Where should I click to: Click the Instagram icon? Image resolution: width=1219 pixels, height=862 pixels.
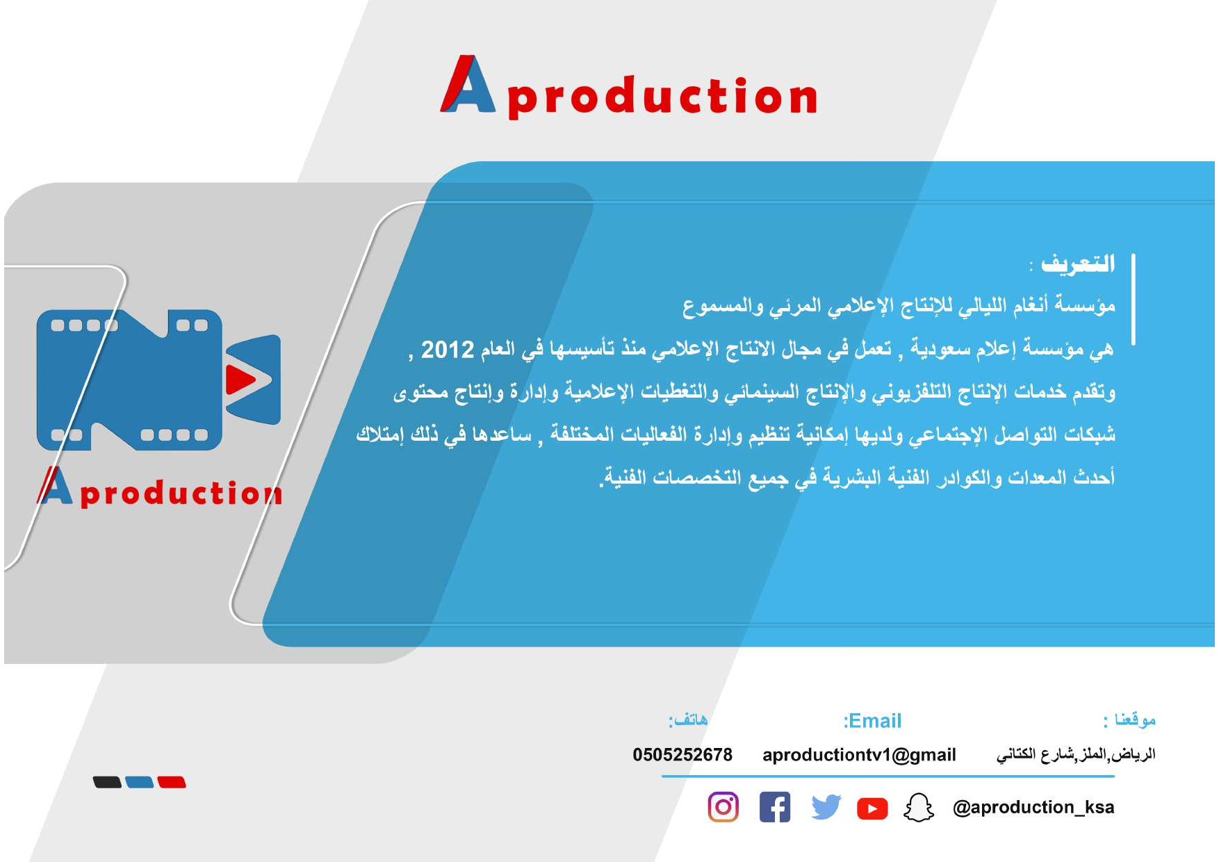pyautogui.click(x=723, y=807)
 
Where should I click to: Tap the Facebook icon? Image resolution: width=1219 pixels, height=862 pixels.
pyautogui.click(x=775, y=807)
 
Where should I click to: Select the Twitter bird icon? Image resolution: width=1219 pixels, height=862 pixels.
pyautogui.click(x=826, y=807)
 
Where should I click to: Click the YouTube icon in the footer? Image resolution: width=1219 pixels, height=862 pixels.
pyautogui.click(x=872, y=808)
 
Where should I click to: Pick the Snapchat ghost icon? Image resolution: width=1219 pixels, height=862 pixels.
pyautogui.click(x=919, y=807)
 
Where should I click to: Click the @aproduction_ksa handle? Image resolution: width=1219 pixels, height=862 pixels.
pyautogui.click(x=1033, y=807)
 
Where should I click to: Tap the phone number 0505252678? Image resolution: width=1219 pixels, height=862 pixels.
pyautogui.click(x=682, y=754)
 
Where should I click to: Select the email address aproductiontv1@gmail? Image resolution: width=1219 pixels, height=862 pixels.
pyautogui.click(x=859, y=755)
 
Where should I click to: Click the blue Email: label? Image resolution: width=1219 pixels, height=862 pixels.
pyautogui.click(x=872, y=721)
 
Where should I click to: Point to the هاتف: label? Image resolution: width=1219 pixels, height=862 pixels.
pyautogui.click(x=688, y=719)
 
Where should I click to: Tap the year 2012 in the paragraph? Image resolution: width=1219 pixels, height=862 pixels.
pyautogui.click(x=448, y=349)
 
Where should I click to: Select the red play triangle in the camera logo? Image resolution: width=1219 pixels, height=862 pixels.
pyautogui.click(x=240, y=379)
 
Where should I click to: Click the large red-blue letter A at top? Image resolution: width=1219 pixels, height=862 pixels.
pyautogui.click(x=468, y=84)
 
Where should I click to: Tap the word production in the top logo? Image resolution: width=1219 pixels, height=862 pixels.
pyautogui.click(x=662, y=97)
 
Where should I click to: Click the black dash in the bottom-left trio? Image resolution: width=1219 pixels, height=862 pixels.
pyautogui.click(x=107, y=782)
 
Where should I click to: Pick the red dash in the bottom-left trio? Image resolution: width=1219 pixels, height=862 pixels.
pyautogui.click(x=172, y=782)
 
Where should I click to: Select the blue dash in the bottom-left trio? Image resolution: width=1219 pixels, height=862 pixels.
pyautogui.click(x=140, y=782)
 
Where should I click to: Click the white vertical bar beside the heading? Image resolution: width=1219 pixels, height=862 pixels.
pyautogui.click(x=1134, y=300)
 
